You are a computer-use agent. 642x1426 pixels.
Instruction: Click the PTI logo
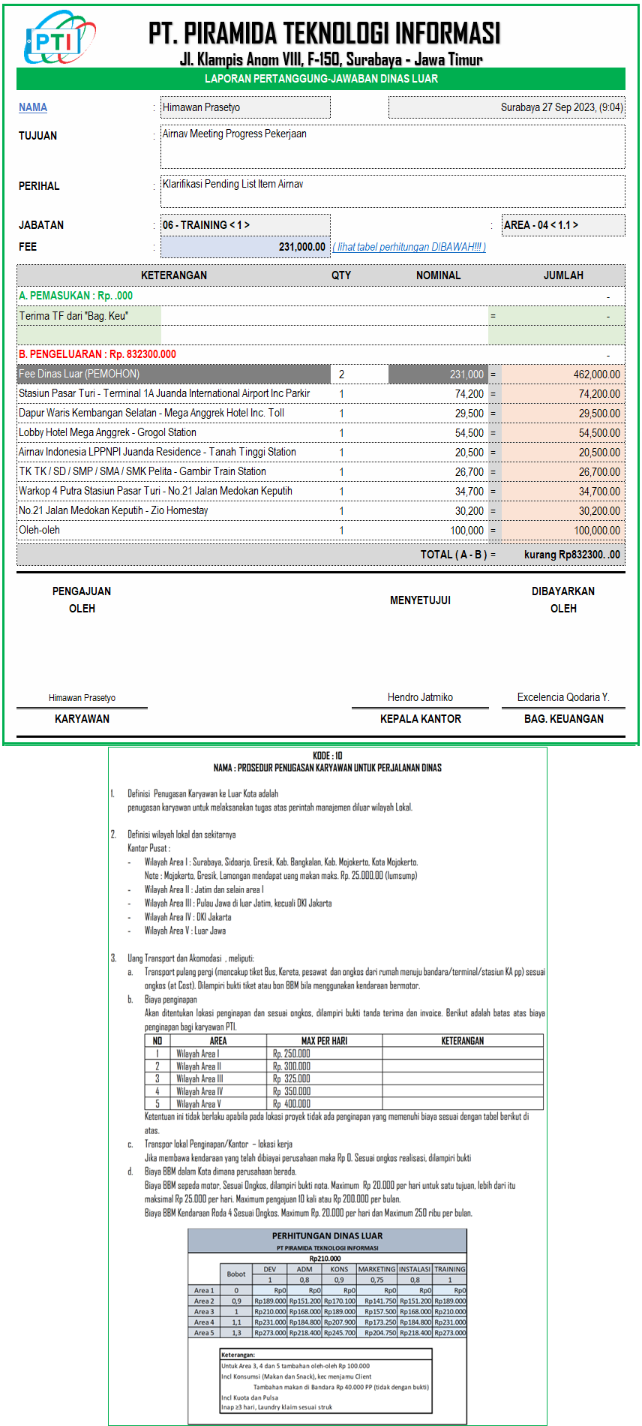(x=59, y=38)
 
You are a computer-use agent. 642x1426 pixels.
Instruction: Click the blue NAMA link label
(x=33, y=107)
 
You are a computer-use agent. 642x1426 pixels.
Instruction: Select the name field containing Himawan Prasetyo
(x=245, y=107)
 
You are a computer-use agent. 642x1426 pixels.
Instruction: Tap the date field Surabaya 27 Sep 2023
(x=506, y=107)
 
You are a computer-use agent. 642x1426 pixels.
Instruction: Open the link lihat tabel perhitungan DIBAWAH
(x=409, y=247)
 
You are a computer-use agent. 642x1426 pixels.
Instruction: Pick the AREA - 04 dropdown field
(x=563, y=225)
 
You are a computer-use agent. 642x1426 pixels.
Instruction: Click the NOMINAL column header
(x=438, y=275)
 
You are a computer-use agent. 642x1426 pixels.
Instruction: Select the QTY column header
(x=341, y=275)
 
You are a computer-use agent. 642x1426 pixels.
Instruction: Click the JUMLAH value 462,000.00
(x=596, y=375)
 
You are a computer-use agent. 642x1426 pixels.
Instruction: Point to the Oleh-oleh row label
(x=40, y=530)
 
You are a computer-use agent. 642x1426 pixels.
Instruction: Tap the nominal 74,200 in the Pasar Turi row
(x=469, y=394)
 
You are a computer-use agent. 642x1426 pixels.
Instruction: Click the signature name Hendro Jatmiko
(x=420, y=697)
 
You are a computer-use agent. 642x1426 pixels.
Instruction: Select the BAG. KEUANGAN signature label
(x=563, y=719)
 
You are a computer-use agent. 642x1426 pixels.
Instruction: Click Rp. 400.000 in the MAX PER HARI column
(x=292, y=1104)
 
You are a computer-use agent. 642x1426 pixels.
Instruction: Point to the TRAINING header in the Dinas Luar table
(x=449, y=1269)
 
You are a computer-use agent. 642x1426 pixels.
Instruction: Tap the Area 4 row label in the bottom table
(x=204, y=1322)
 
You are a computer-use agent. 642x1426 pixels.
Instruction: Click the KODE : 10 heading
(x=327, y=756)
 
